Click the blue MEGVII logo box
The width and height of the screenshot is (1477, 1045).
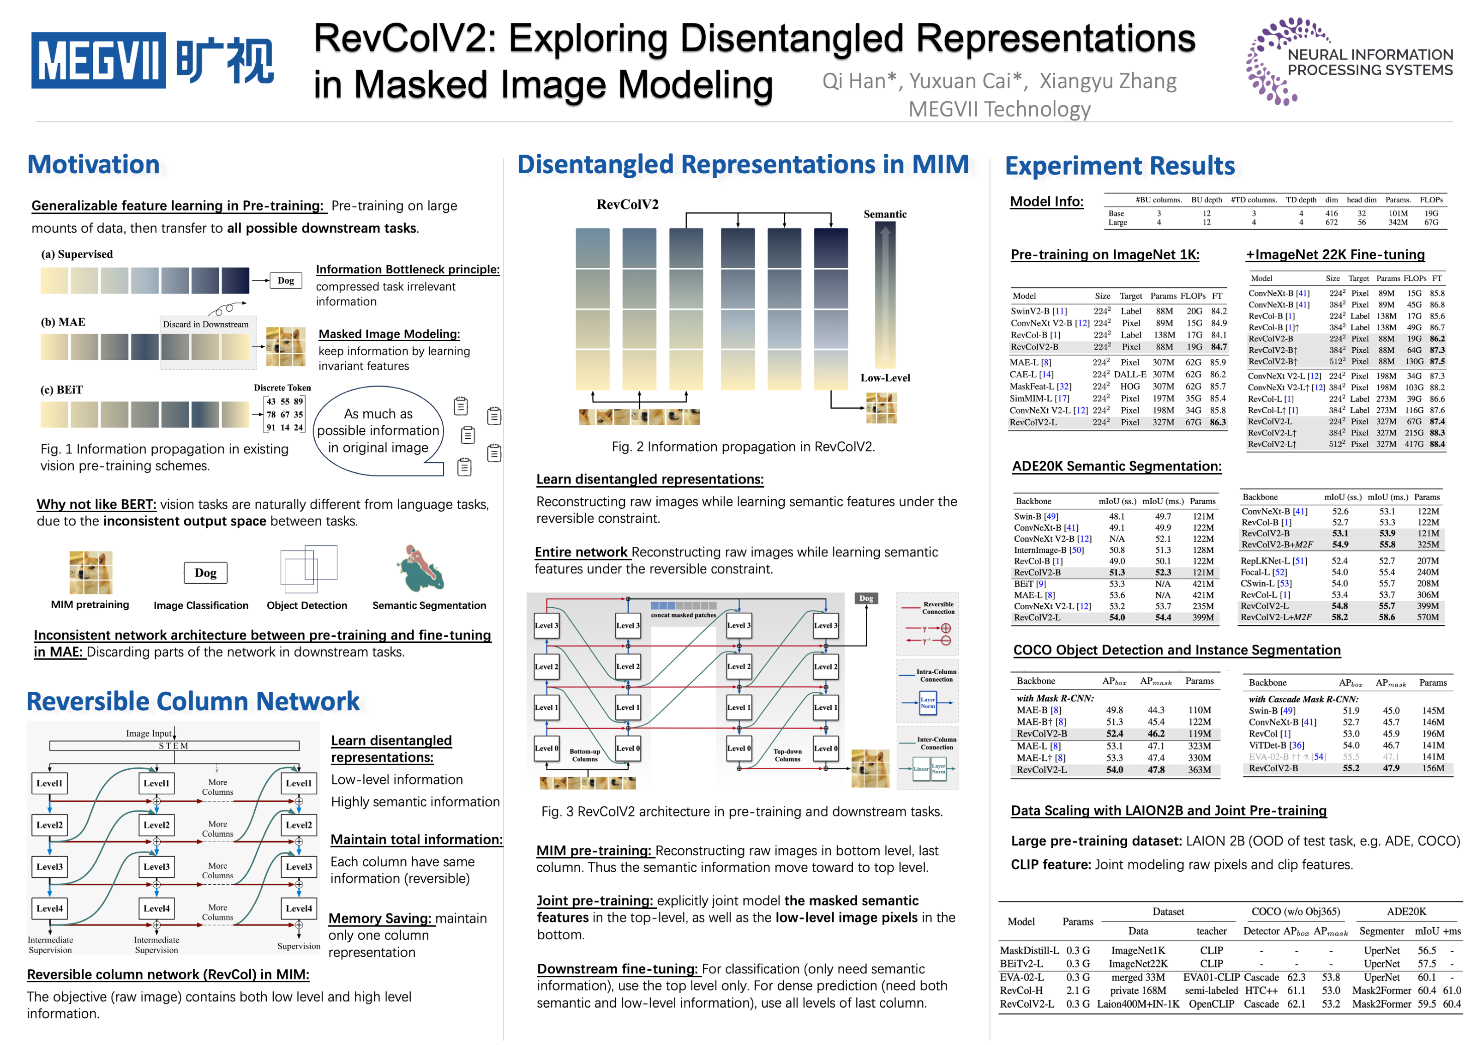click(98, 60)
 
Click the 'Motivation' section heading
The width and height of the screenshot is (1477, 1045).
click(93, 165)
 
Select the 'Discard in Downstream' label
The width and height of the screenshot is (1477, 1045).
click(205, 324)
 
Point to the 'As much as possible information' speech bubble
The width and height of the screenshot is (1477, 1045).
click(378, 430)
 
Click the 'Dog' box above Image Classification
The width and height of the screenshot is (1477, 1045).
click(205, 573)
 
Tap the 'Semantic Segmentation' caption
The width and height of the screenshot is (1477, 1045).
click(429, 605)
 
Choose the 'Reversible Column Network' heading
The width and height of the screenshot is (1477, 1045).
click(193, 701)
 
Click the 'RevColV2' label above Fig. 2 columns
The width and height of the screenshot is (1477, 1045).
click(627, 205)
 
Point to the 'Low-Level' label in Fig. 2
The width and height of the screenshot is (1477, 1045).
click(885, 378)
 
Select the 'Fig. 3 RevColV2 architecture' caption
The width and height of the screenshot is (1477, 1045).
click(742, 811)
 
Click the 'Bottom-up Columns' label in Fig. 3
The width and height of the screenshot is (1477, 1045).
click(584, 755)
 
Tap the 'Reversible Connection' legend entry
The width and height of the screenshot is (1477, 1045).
click(938, 608)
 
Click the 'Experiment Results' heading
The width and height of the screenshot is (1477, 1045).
click(1119, 166)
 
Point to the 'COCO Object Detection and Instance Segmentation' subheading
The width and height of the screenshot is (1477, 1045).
click(1177, 650)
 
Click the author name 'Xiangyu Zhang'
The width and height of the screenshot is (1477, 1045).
click(1108, 82)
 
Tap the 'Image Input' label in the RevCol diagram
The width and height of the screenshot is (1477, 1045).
click(149, 734)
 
